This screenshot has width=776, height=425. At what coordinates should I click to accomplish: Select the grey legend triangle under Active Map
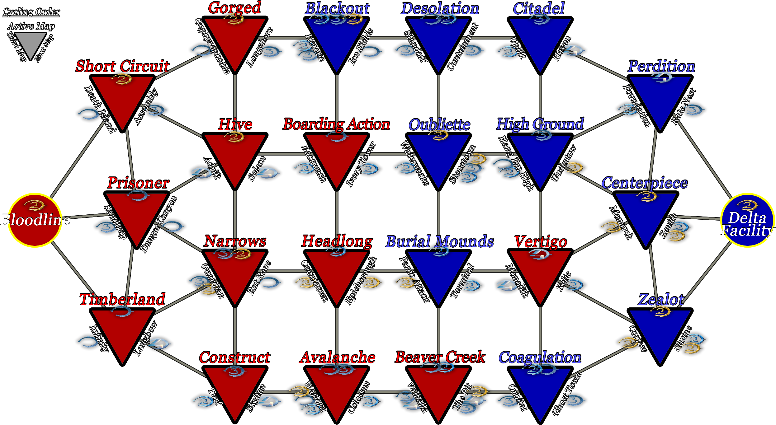[30, 44]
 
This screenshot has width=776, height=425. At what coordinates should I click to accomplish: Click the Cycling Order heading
[31, 12]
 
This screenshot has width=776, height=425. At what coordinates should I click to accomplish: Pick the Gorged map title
[234, 7]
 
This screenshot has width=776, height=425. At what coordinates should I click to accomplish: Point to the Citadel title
[539, 8]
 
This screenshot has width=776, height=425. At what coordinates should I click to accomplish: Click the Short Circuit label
[122, 66]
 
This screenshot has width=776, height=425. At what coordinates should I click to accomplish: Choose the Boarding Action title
[336, 124]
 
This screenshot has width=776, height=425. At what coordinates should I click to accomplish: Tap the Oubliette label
[439, 124]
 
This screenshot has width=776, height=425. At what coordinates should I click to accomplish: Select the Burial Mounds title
[440, 241]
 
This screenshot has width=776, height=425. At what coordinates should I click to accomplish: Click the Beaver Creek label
[440, 357]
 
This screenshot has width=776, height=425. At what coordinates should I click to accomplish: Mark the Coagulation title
[540, 357]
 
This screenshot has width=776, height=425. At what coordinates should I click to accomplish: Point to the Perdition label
[661, 66]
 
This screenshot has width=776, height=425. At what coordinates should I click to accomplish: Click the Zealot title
[661, 299]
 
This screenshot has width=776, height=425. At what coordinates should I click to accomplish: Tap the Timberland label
[122, 299]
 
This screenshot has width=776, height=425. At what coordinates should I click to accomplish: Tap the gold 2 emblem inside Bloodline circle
[35, 205]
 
